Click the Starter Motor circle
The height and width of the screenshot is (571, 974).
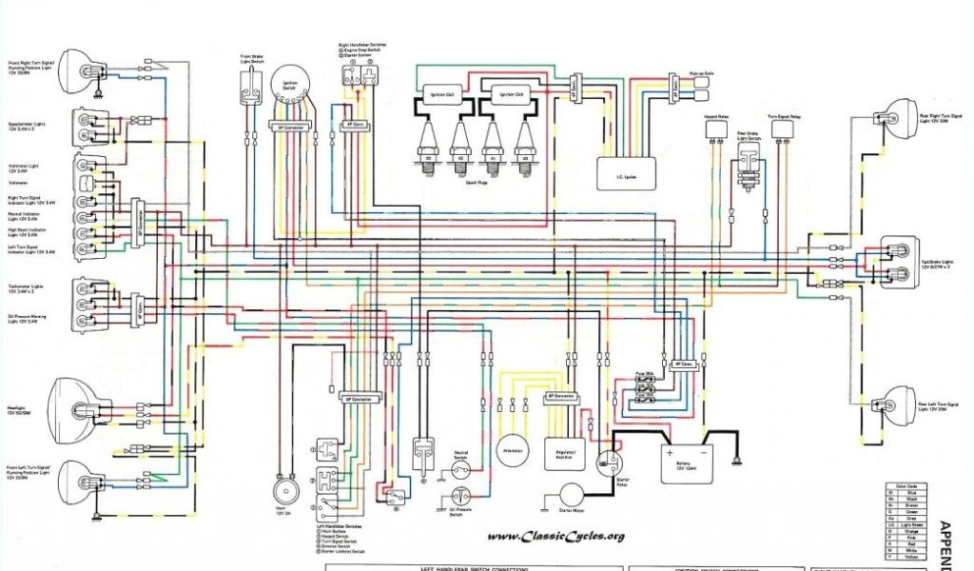click(x=572, y=494)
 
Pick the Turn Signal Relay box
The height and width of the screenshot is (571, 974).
click(x=784, y=130)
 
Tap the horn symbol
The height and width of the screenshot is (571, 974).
click(x=281, y=489)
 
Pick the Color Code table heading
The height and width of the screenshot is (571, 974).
click(x=904, y=485)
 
